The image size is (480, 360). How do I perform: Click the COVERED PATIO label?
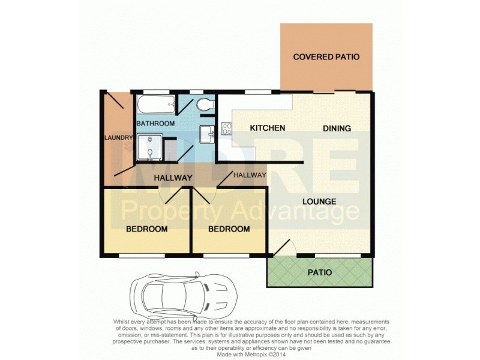click(326, 57)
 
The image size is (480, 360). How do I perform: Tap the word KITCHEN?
click(267, 128)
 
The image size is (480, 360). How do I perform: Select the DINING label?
click(337, 128)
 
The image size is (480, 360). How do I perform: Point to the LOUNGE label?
click(319, 201)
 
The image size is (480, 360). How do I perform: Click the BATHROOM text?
click(155, 124)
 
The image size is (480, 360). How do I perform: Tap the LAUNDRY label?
click(118, 138)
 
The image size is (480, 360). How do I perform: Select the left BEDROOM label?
click(146, 229)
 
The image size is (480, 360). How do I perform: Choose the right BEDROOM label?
click(229, 229)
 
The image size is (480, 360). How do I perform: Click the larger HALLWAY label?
click(173, 178)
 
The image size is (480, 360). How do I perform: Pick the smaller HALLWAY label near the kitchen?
click(249, 175)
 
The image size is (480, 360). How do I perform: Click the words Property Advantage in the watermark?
click(240, 211)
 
